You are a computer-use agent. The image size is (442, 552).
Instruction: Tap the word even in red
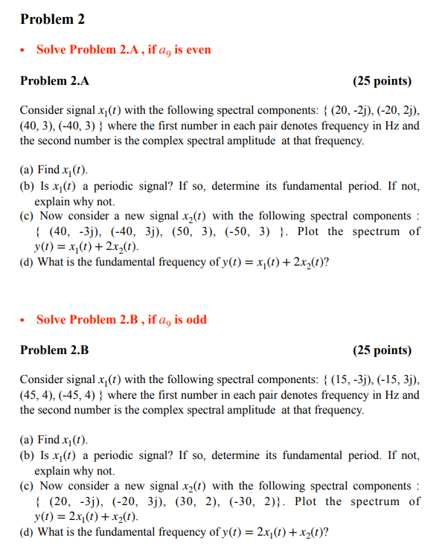coord(198,50)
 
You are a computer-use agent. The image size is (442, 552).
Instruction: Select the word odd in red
coord(195,320)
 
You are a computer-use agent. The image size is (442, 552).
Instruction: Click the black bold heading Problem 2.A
coord(54,80)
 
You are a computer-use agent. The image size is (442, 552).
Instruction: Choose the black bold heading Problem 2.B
coord(54,350)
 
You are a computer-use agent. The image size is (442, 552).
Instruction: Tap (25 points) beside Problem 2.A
coord(382,80)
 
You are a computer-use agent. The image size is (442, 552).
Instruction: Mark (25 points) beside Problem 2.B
coord(382,350)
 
